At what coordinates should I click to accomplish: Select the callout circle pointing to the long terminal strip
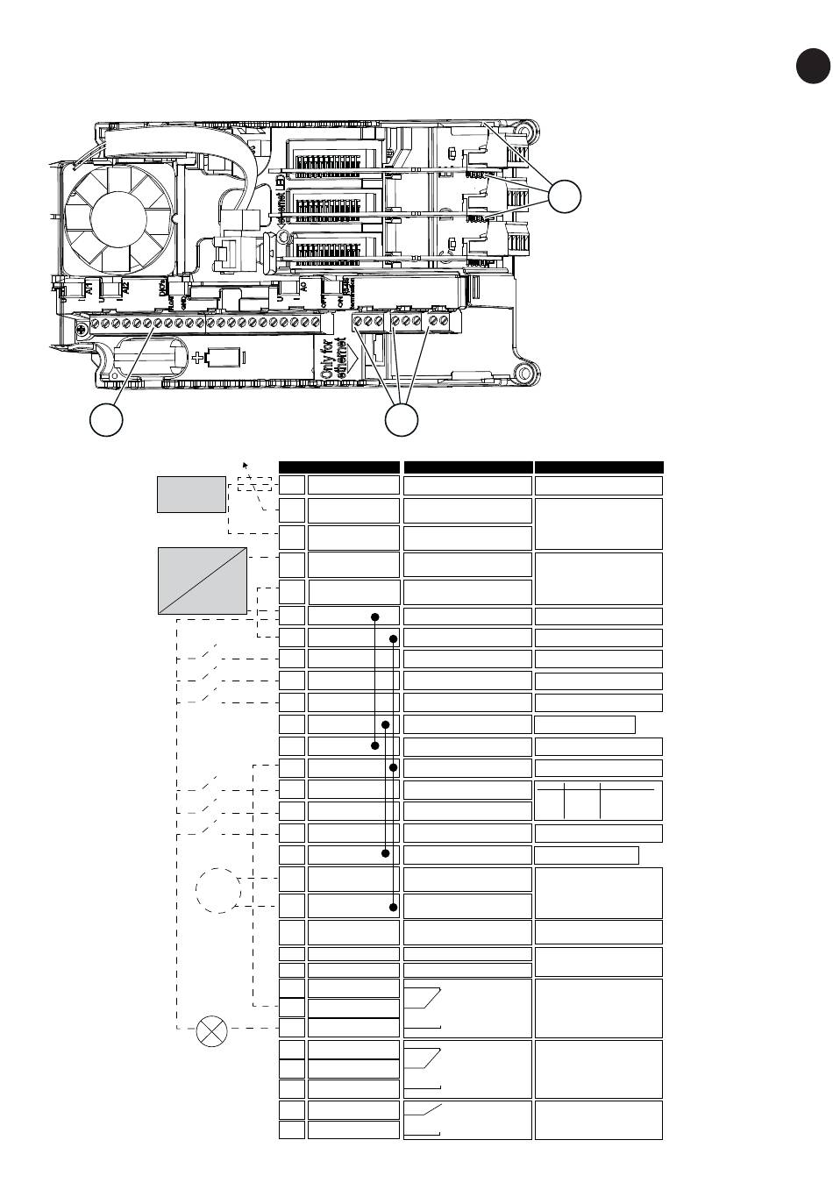point(106,421)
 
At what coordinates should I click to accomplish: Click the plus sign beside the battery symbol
point(198,357)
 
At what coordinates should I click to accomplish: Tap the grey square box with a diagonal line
point(202,580)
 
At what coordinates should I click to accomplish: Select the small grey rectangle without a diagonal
point(191,494)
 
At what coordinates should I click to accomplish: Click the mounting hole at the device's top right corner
point(525,132)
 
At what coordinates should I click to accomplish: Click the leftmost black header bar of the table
point(339,467)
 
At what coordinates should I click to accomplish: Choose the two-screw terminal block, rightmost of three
point(438,322)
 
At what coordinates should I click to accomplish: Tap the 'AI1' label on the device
point(89,289)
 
